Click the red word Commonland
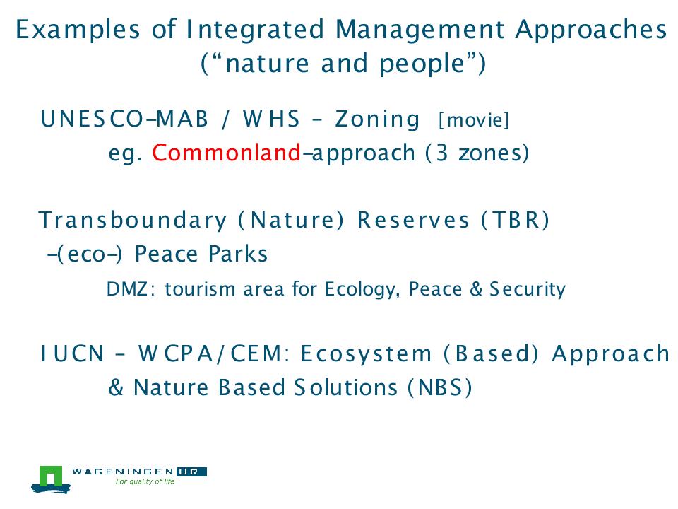[x=226, y=153]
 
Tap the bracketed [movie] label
[x=474, y=120]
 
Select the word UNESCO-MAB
[x=124, y=119]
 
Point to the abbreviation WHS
[x=271, y=119]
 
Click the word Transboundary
[x=132, y=221]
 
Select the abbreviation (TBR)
[x=516, y=220]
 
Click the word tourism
[x=200, y=289]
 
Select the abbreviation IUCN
[x=72, y=353]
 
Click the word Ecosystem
[x=367, y=354]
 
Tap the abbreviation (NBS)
[x=439, y=387]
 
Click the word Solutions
[x=345, y=387]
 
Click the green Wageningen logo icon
[x=51, y=479]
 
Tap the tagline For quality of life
[x=145, y=481]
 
